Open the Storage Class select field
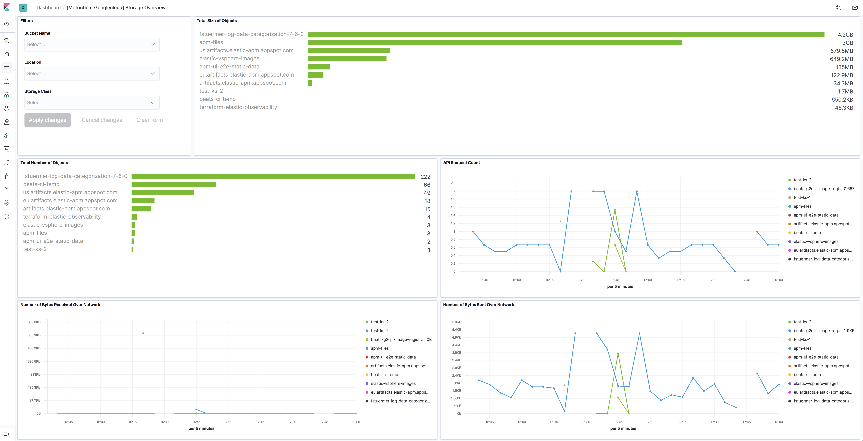92,103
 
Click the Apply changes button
48,120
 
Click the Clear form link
149,120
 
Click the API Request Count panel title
461,163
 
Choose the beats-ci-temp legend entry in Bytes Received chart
384,375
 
